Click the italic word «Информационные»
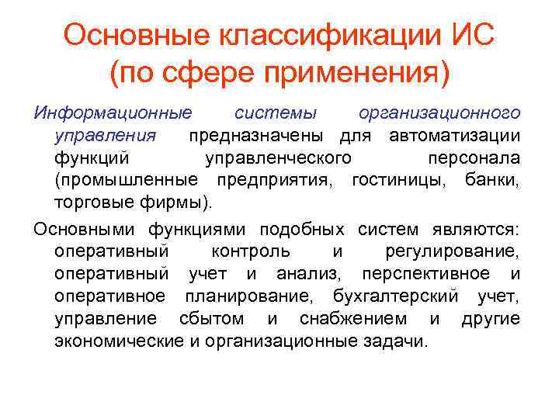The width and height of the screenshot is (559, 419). (112, 113)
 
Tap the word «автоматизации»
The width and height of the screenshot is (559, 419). (455, 136)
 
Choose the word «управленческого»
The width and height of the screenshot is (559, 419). (276, 158)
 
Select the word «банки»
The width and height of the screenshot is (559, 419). (494, 181)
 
